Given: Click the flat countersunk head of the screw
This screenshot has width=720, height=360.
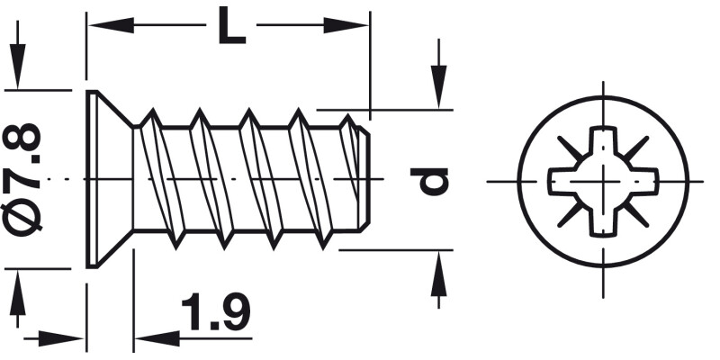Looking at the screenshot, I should click(x=93, y=180).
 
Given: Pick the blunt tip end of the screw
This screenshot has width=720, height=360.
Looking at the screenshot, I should click(x=364, y=180).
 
